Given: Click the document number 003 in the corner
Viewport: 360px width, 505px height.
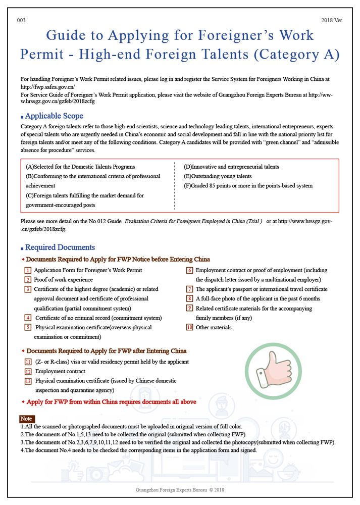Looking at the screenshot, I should (x=21, y=21).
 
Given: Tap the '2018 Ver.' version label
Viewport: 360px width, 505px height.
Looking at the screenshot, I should (x=332, y=21).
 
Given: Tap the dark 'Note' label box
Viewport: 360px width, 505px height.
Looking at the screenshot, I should (x=26, y=419).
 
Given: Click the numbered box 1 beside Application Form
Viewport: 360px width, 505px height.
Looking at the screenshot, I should (x=28, y=270).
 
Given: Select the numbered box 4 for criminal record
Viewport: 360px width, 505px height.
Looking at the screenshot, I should (x=28, y=318).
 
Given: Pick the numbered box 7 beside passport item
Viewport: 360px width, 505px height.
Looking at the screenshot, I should (x=190, y=289).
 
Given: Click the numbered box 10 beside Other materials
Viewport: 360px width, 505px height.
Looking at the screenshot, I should (x=190, y=327).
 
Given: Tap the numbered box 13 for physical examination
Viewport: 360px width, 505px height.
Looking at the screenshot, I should (x=28, y=381).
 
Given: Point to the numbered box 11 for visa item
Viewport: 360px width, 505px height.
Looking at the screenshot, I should (x=28, y=362).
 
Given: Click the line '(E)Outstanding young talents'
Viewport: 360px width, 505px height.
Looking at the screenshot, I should (x=218, y=176).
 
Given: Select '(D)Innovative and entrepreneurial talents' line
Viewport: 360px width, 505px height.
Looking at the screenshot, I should (x=231, y=167).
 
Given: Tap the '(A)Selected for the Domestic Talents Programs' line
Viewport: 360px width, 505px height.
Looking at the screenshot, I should (x=80, y=167).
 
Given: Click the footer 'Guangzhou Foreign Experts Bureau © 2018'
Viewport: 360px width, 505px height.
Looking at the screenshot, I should (x=180, y=490).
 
